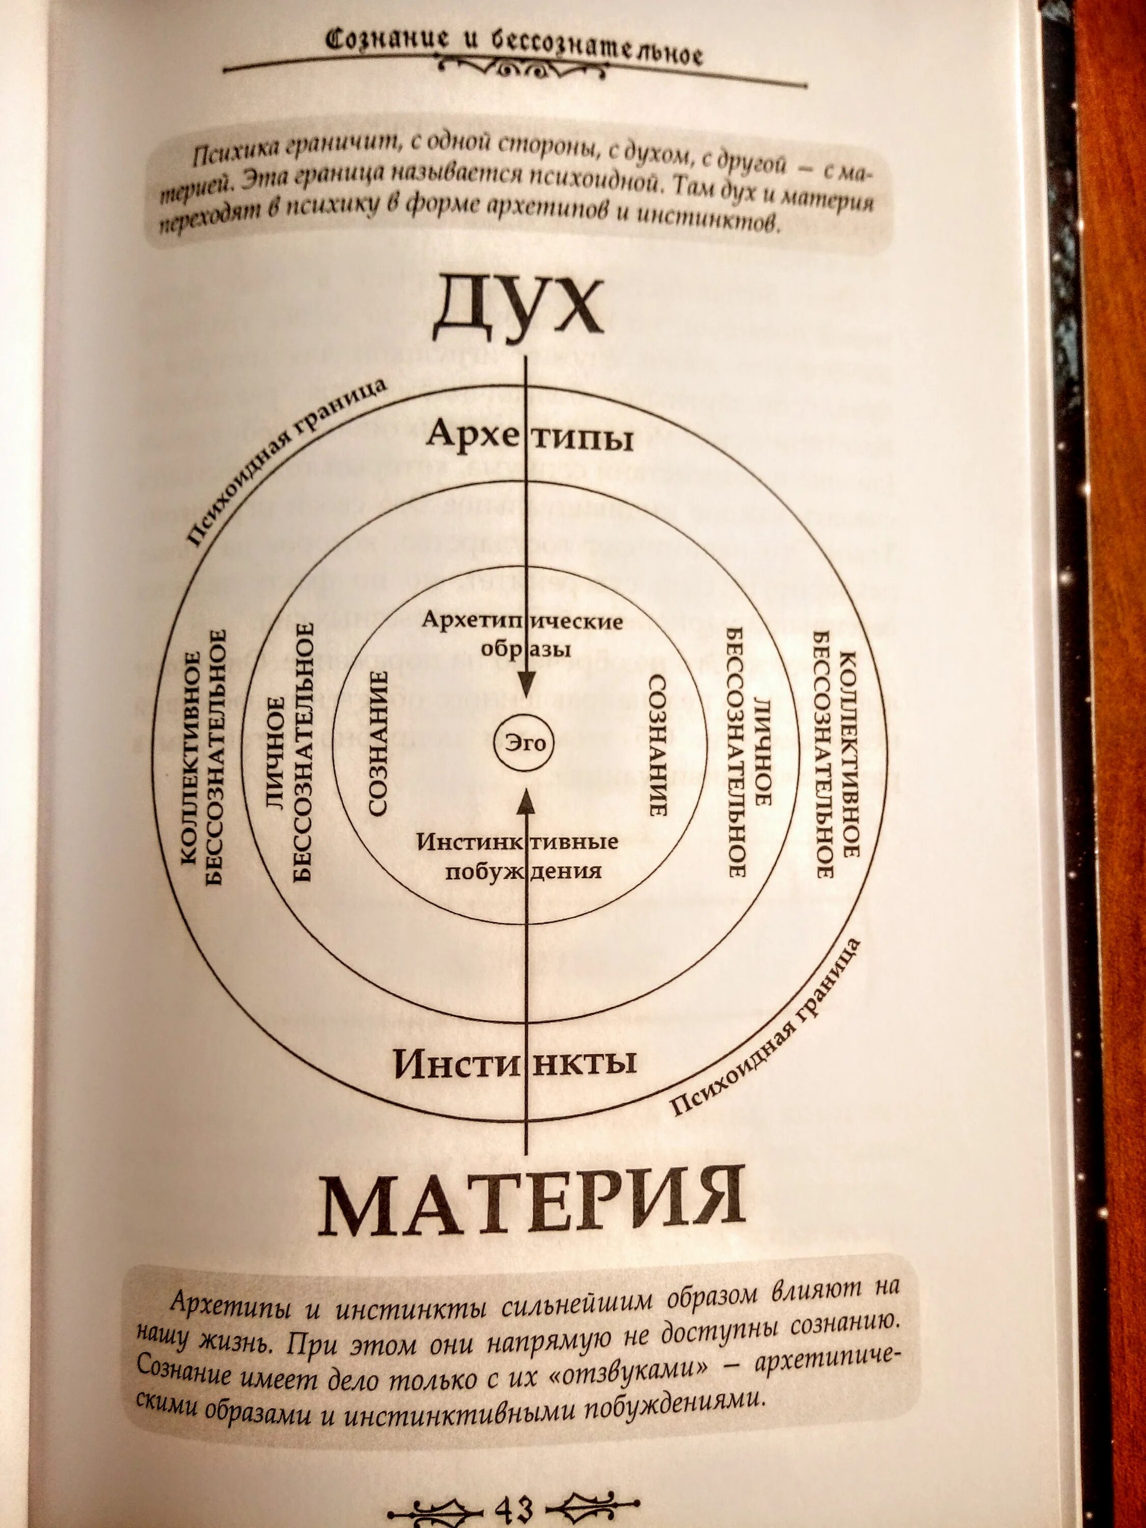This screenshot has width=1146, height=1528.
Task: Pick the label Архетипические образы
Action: pos(523,634)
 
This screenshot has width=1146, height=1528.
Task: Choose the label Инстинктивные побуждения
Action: pos(517,856)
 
